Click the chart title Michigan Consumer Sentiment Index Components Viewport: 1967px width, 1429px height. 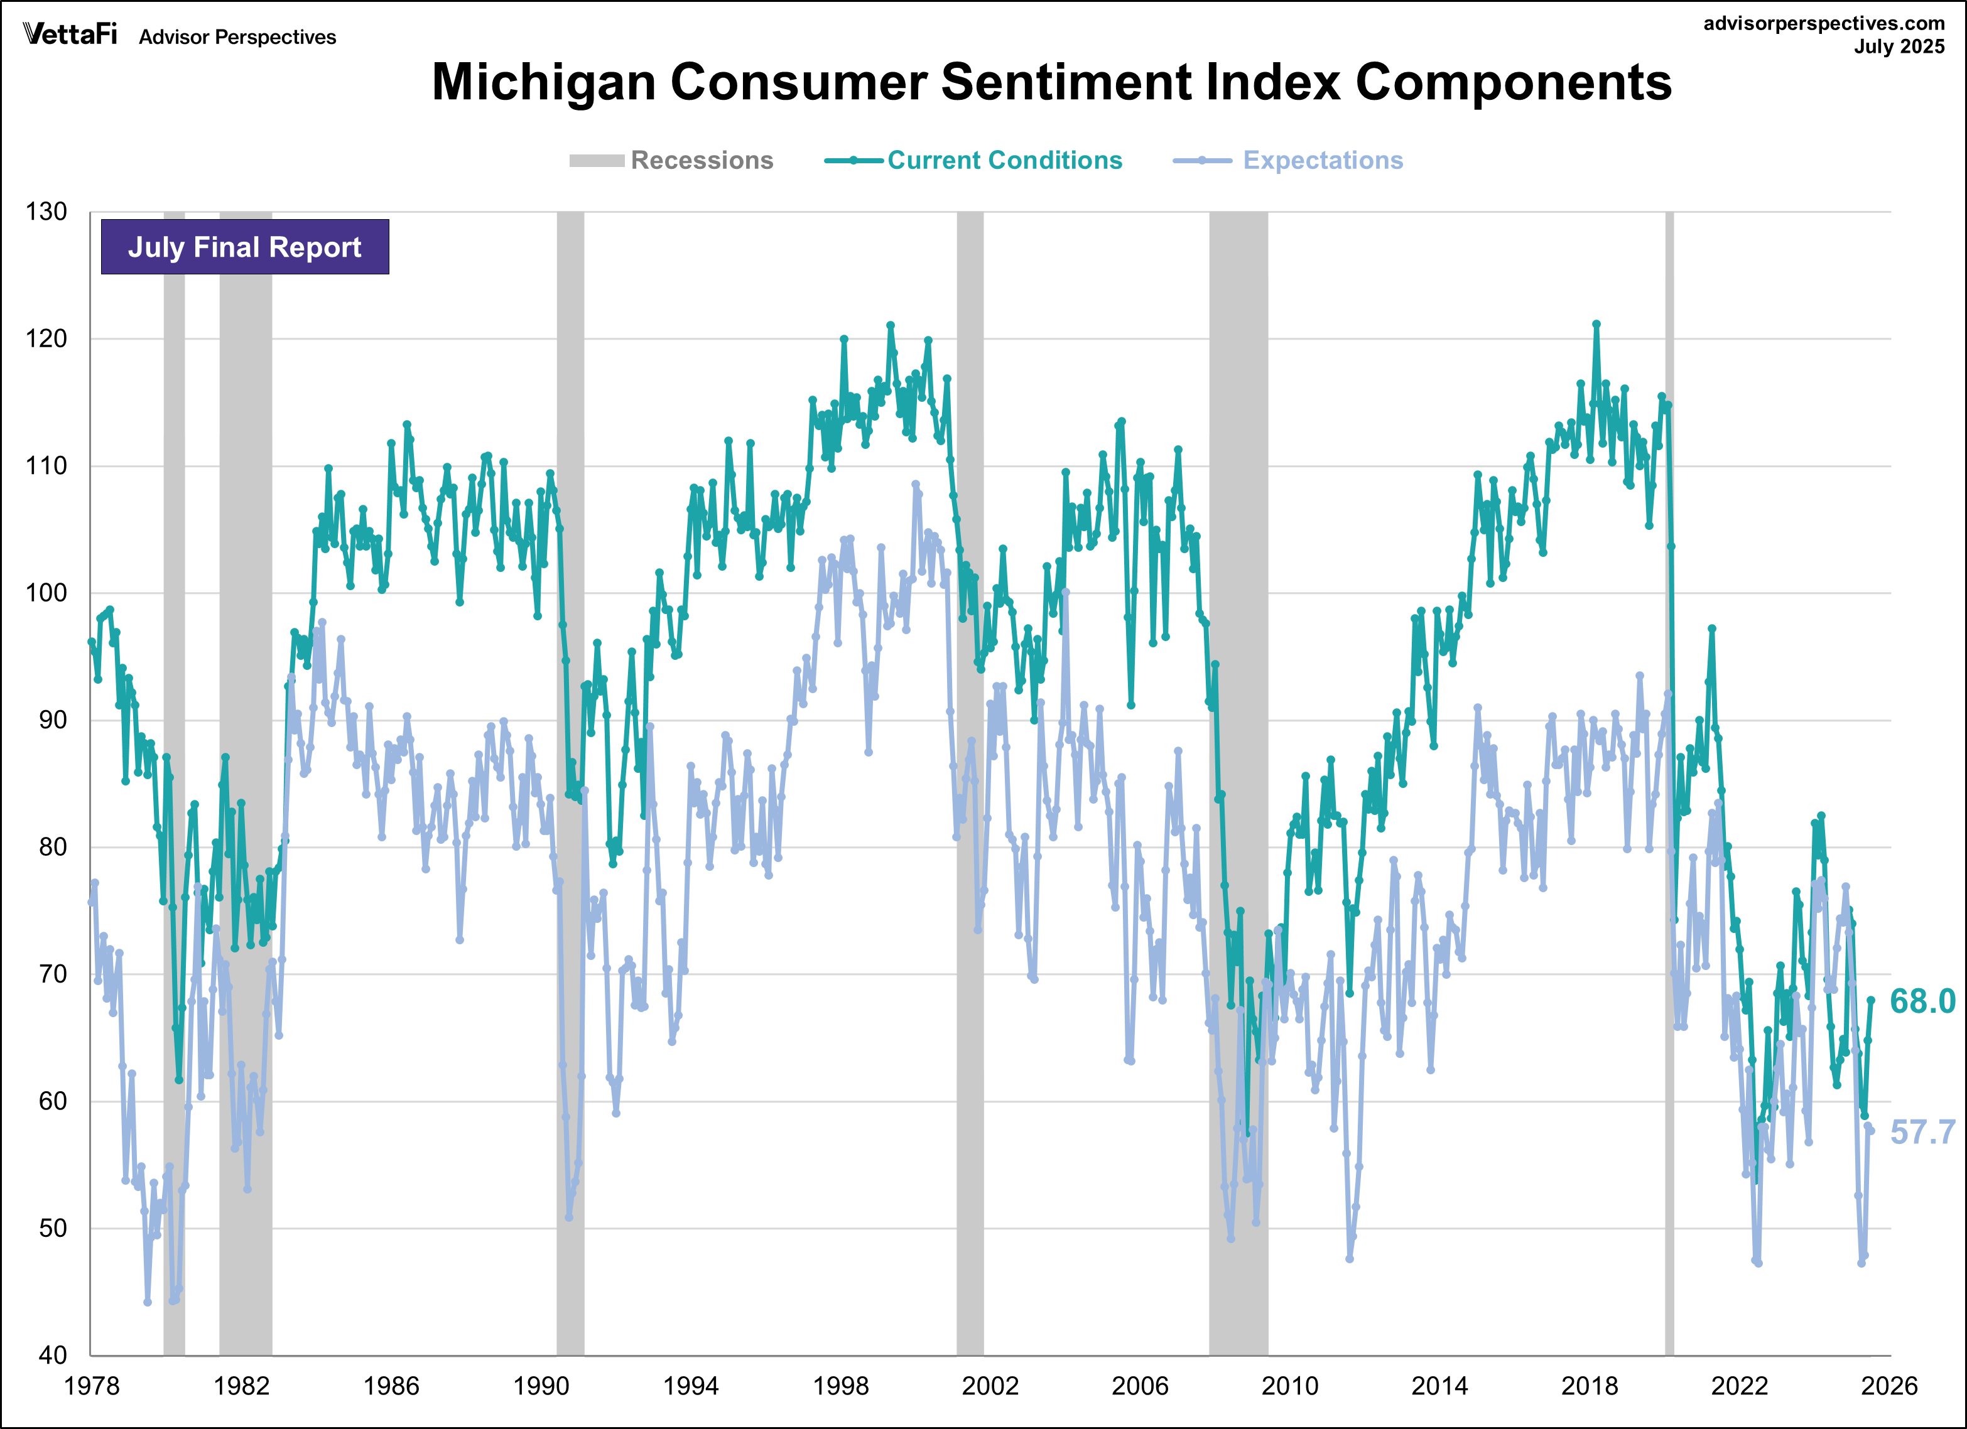[x=1051, y=82]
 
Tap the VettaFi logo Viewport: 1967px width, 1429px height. [x=69, y=35]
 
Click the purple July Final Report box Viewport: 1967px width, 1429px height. [x=244, y=247]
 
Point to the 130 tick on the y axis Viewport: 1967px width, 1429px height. [x=46, y=212]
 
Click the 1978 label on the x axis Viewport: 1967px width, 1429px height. [x=91, y=1386]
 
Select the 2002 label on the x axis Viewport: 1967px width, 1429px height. [x=990, y=1386]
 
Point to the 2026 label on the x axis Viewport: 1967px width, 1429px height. [x=1889, y=1386]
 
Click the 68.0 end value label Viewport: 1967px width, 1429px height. [x=1922, y=1001]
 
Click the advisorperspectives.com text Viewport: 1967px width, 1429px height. [x=1823, y=23]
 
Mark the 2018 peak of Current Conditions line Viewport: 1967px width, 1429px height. [x=1596, y=325]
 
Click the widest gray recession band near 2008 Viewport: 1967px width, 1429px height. [x=1238, y=780]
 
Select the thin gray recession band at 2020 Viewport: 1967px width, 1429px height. [x=1669, y=780]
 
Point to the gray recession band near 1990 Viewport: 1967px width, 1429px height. [x=570, y=780]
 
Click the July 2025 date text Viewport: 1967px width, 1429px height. [x=1899, y=47]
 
